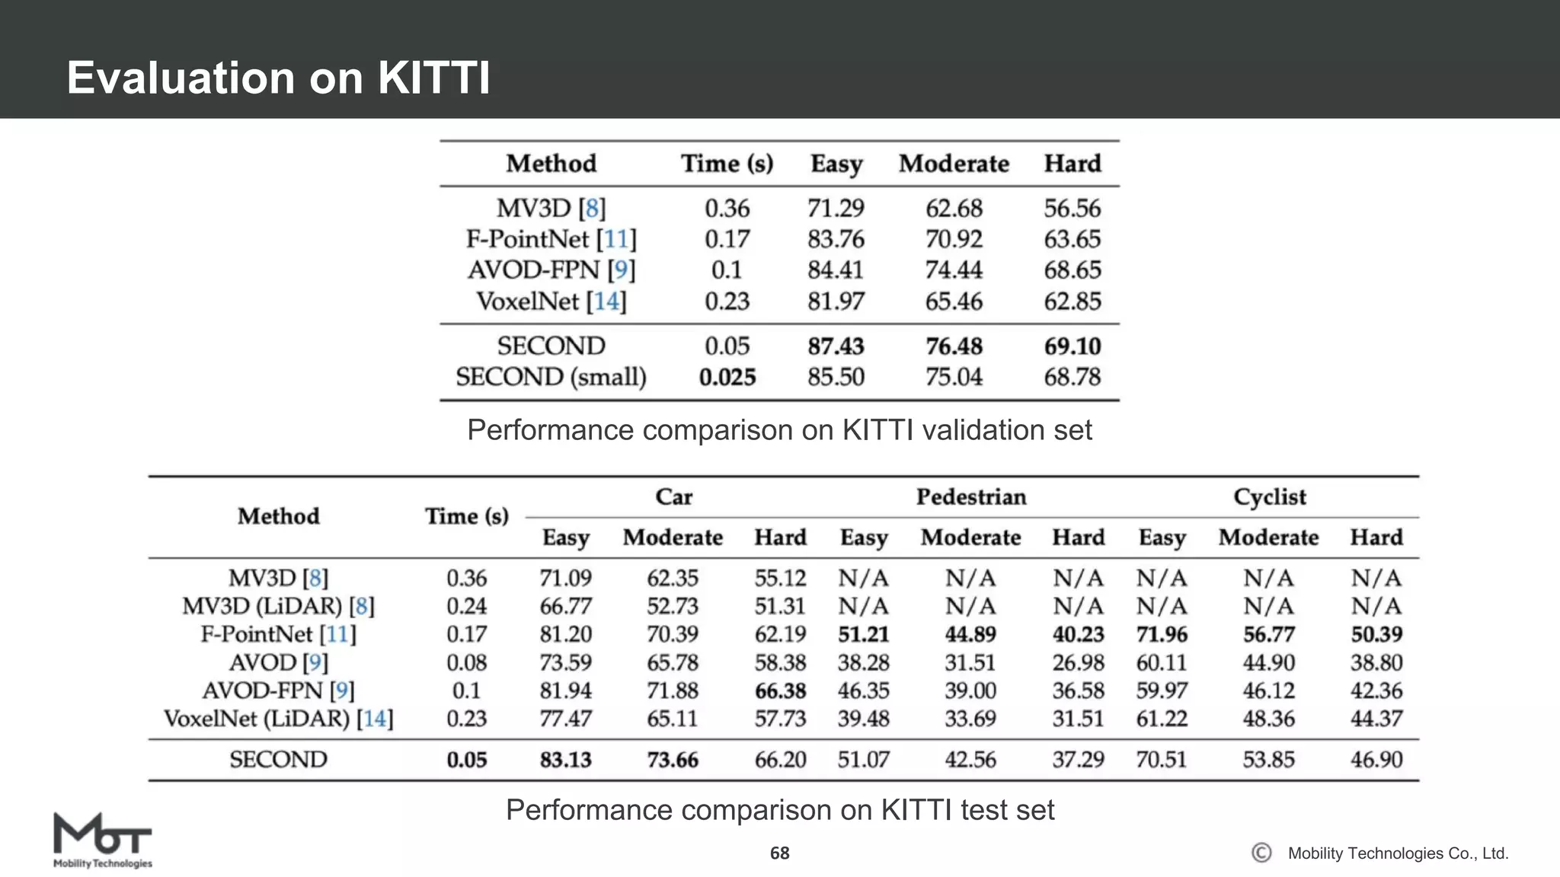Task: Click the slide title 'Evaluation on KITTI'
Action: coord(278,78)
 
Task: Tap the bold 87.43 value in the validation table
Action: coord(836,346)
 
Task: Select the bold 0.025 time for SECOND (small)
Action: coord(727,377)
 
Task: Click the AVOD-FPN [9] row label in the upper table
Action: coord(551,269)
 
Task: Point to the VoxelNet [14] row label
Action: coord(551,301)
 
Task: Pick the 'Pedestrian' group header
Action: coord(970,497)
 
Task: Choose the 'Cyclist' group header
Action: coord(1269,497)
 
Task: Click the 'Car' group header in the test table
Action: coord(673,497)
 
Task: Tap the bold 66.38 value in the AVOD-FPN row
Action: coord(780,690)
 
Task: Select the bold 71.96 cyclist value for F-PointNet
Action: coord(1162,634)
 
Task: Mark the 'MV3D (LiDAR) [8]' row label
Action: coord(278,606)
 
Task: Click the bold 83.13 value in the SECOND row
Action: coord(565,760)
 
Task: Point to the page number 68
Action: coord(779,853)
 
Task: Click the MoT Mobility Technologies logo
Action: coord(103,840)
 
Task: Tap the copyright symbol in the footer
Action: coord(1261,853)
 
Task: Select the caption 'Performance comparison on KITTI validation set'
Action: coord(779,430)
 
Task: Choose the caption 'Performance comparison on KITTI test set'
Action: coord(779,810)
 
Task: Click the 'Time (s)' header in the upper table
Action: coord(727,164)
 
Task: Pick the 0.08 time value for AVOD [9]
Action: coord(466,662)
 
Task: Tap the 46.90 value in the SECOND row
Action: coord(1376,760)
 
